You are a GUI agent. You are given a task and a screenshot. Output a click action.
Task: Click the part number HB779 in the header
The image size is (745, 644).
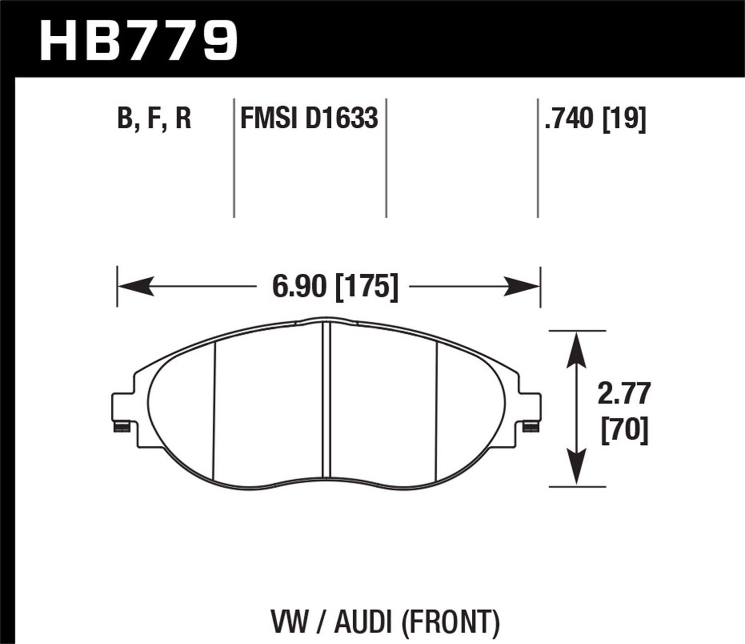(139, 41)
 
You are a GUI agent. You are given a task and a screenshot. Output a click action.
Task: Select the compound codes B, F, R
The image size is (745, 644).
(154, 119)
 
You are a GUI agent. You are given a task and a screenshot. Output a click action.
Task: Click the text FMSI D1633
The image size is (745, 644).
(309, 119)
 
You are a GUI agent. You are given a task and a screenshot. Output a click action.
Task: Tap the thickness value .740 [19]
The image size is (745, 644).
(595, 119)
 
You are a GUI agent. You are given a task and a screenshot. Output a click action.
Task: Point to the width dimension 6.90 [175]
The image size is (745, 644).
(335, 287)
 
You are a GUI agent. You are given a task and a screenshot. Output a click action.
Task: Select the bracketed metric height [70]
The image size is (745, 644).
(625, 430)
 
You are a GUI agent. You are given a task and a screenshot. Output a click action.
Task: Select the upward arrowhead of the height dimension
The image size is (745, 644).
(576, 348)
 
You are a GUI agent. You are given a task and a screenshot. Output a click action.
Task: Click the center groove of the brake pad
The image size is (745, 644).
(326, 402)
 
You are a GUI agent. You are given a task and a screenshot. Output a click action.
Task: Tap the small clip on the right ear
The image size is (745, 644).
(531, 426)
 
